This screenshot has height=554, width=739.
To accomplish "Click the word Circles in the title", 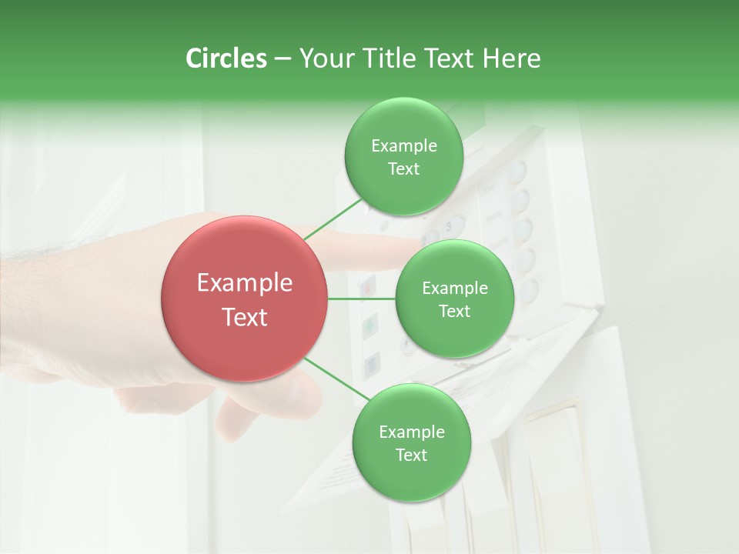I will point(226,58).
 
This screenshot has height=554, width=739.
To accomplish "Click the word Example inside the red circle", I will point(245,283).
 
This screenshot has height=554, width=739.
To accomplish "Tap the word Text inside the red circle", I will point(245,317).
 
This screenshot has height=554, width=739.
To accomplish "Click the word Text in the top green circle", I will point(403,169).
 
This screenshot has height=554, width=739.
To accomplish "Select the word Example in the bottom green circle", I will point(411,432).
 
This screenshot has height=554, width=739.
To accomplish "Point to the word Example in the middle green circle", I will point(454,289).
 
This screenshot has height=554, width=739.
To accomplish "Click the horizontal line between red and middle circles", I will point(361,299).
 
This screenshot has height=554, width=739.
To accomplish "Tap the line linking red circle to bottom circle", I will point(337,379).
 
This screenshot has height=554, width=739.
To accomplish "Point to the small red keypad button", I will point(368,287).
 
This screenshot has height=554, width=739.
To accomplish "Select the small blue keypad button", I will point(372,362).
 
